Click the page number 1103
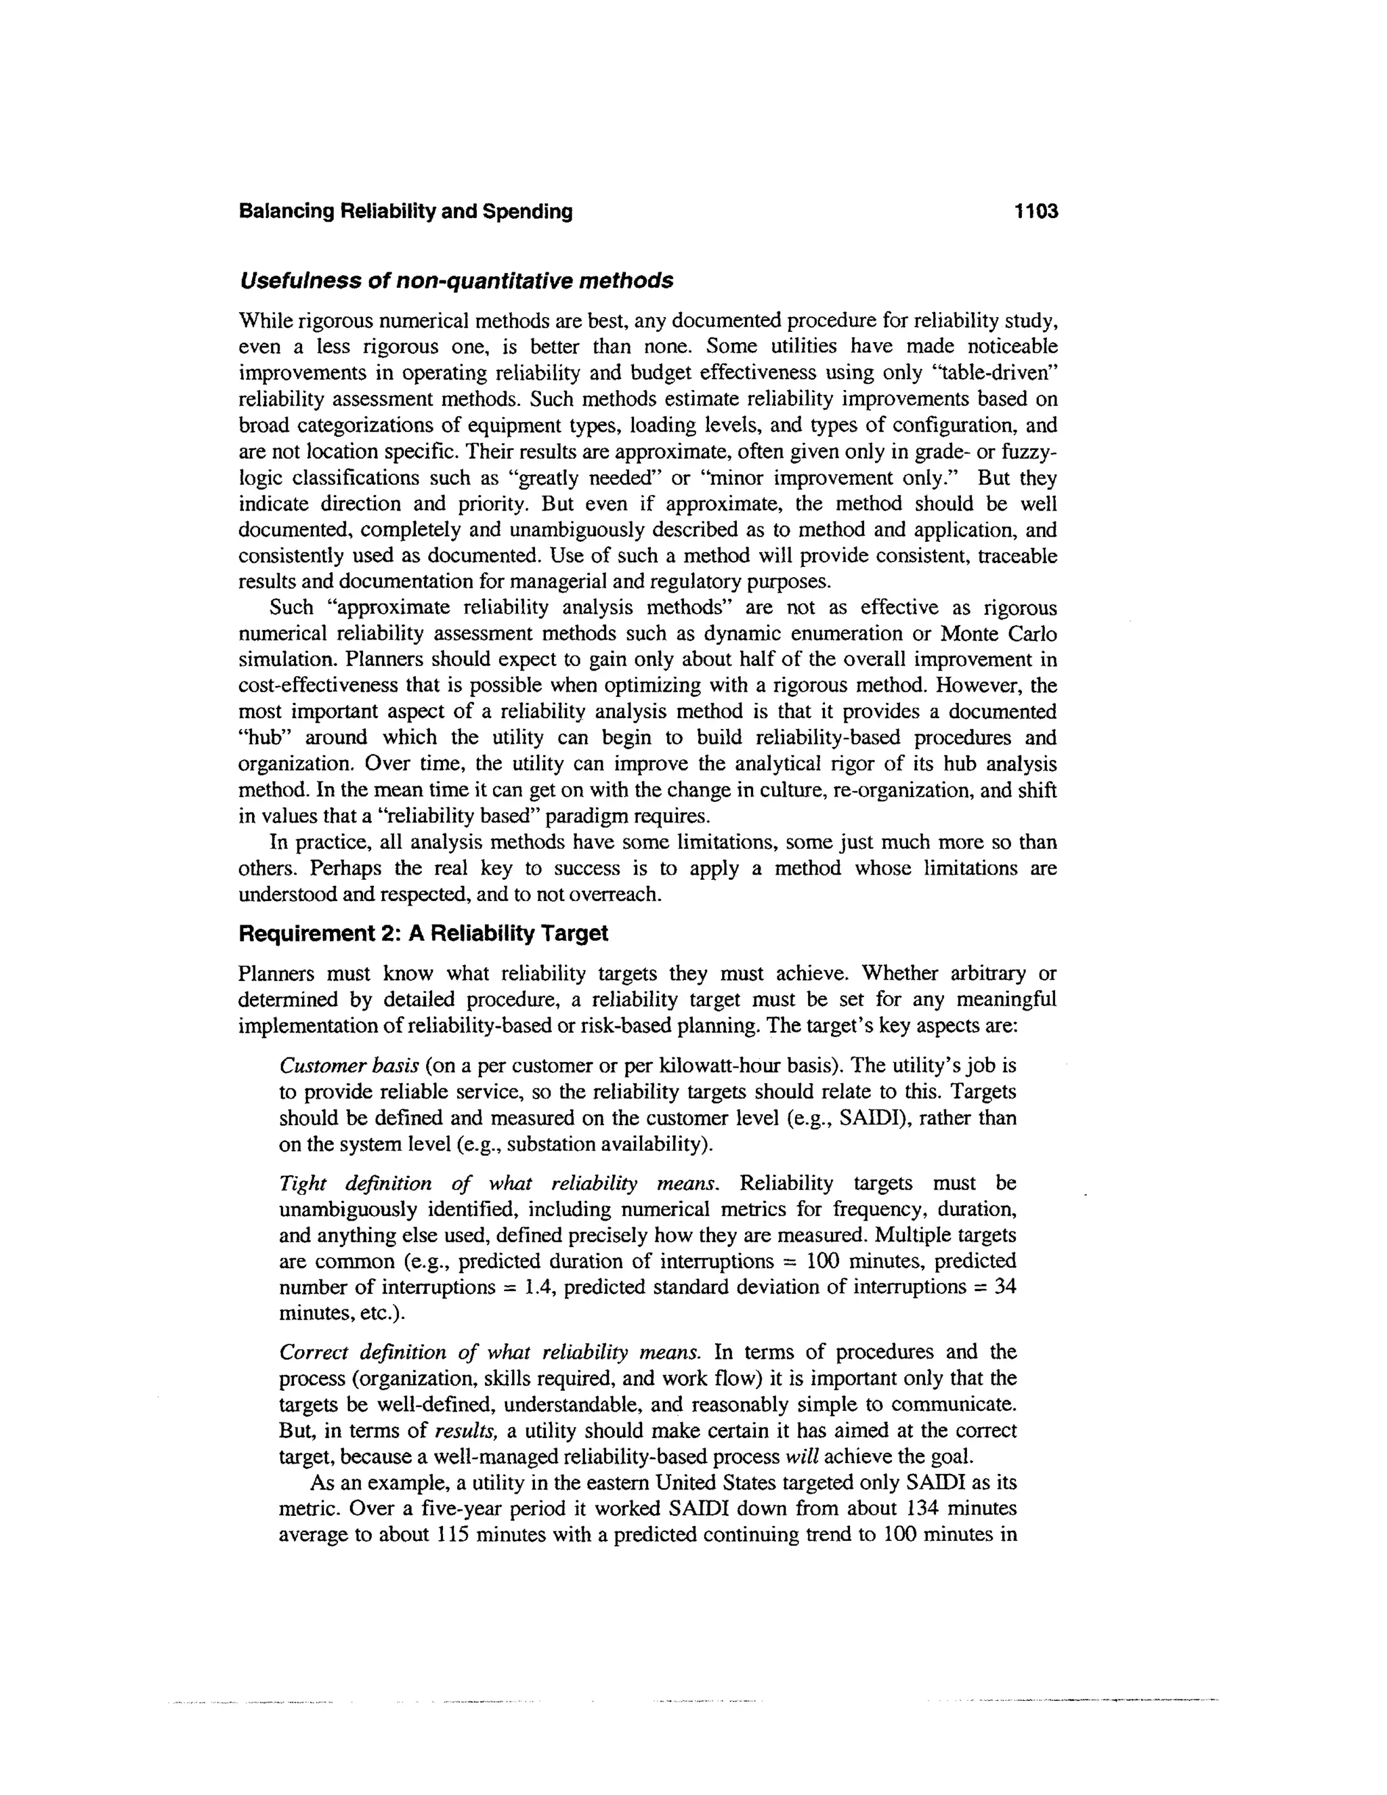[1036, 211]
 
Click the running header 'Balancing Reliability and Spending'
[405, 211]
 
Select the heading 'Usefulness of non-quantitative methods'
[456, 281]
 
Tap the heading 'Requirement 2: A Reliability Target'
[423, 933]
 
